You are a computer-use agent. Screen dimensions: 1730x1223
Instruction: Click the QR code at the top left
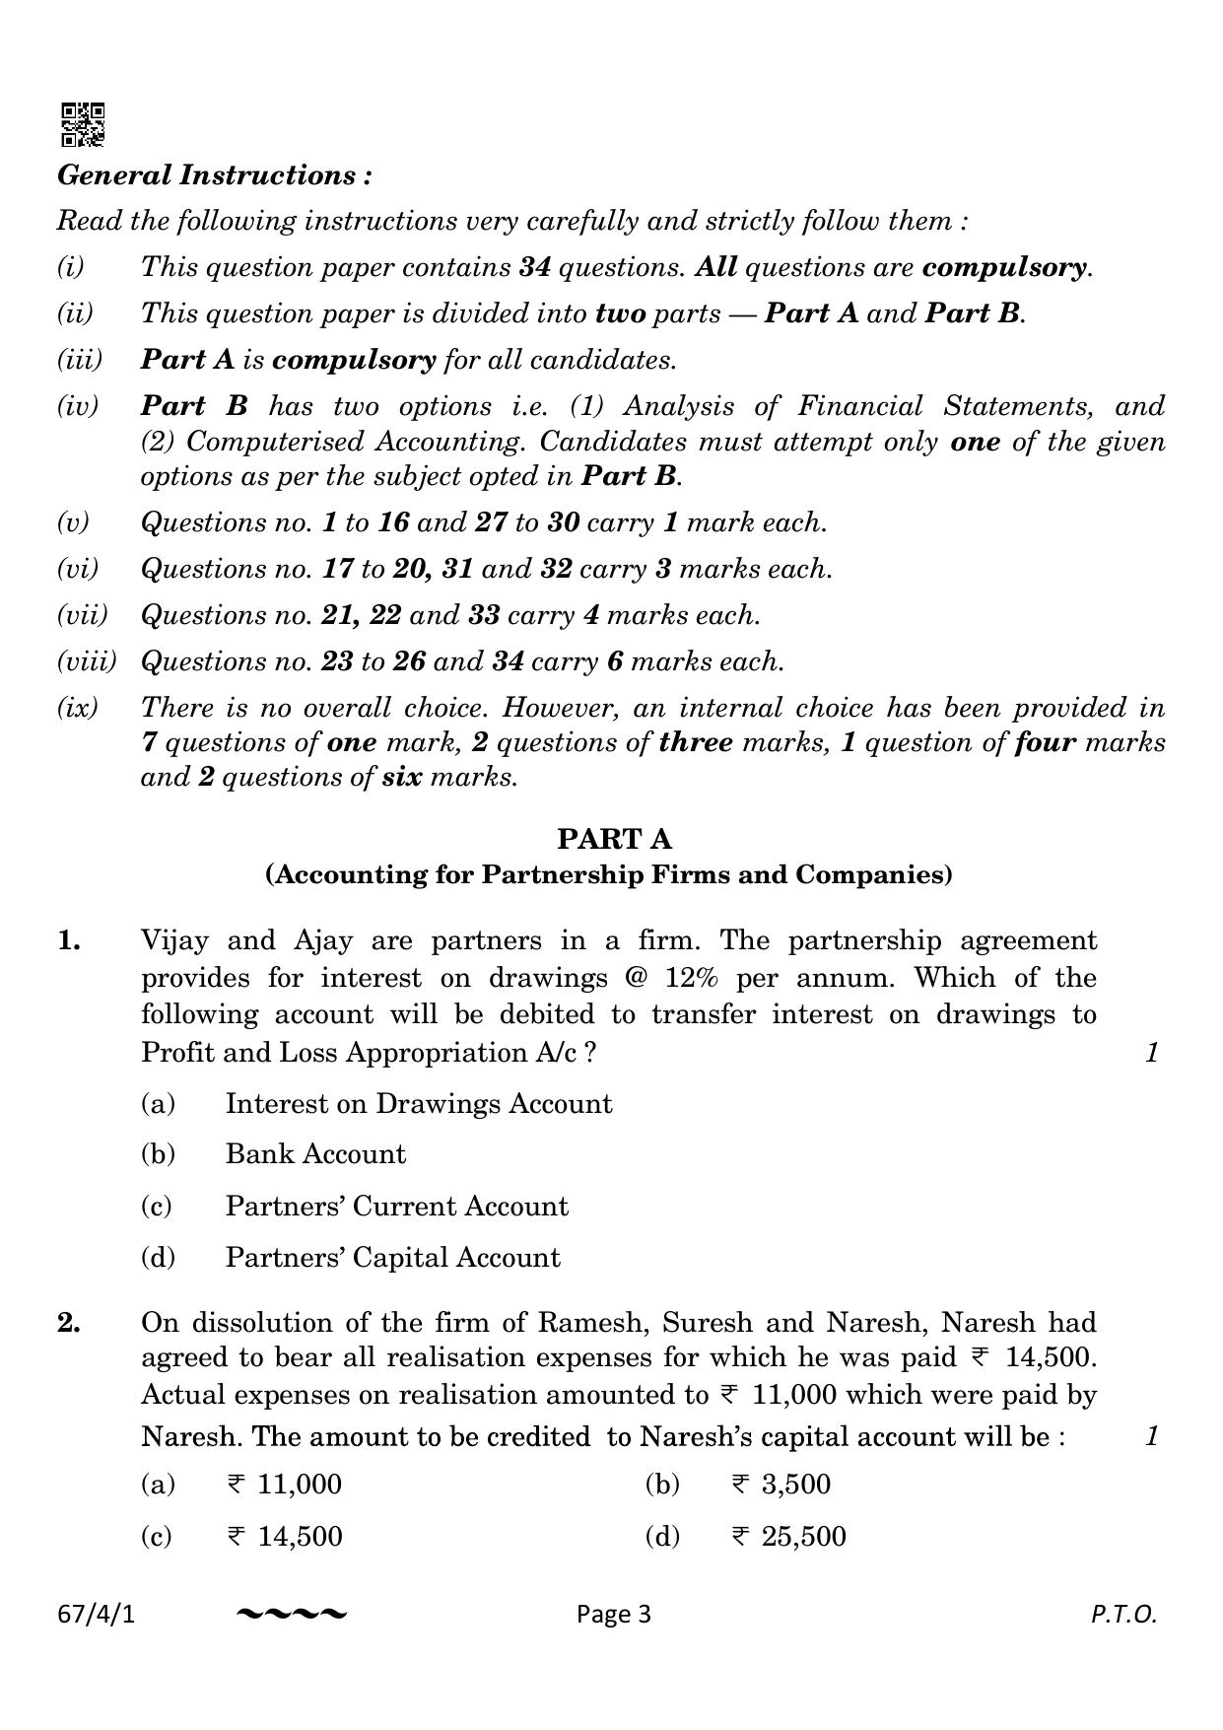click(x=83, y=124)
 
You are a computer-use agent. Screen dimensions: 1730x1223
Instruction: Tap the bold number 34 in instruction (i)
click(x=533, y=267)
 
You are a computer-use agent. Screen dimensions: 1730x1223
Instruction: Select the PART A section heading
click(x=614, y=839)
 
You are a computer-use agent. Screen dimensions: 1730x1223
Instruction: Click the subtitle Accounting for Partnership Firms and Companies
click(x=608, y=875)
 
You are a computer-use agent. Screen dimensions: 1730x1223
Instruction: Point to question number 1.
click(x=69, y=941)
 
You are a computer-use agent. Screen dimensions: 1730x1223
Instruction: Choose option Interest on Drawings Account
click(x=418, y=1104)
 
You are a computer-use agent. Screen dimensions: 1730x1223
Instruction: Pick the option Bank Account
click(x=315, y=1154)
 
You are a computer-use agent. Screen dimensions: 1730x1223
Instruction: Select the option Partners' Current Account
click(x=396, y=1207)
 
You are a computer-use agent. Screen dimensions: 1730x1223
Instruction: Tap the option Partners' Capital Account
click(x=392, y=1258)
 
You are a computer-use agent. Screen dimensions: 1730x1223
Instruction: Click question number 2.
click(x=69, y=1323)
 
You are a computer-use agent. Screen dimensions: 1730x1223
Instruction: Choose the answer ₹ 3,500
click(x=781, y=1485)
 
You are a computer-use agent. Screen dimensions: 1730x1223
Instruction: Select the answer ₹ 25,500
click(x=788, y=1537)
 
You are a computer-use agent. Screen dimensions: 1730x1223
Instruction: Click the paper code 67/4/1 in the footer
click(x=96, y=1615)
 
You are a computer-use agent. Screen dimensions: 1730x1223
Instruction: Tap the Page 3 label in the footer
click(x=614, y=1615)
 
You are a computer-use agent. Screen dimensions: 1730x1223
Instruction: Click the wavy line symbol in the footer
click(x=292, y=1615)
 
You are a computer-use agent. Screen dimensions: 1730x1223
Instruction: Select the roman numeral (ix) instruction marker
click(x=78, y=708)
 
